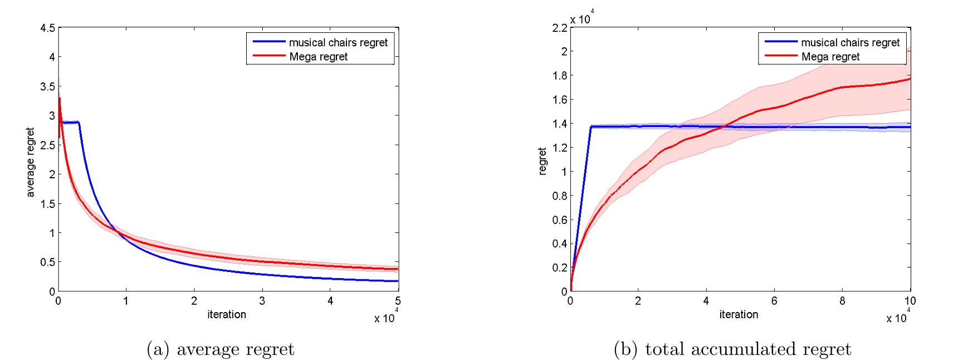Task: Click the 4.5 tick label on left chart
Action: point(47,28)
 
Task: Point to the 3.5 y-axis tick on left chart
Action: point(47,86)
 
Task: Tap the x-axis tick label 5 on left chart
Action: point(398,301)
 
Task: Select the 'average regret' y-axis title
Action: point(31,162)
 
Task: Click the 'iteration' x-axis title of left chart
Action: point(227,314)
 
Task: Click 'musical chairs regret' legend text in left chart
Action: point(338,42)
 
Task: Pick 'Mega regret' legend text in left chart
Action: point(318,56)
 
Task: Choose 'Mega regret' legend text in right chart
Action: point(830,56)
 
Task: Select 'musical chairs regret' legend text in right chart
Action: point(850,42)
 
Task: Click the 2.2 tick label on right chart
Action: point(559,28)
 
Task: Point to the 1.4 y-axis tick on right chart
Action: point(559,124)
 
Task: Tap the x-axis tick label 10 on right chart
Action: point(910,301)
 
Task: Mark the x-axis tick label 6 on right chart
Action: point(774,301)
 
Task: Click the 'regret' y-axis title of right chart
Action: point(543,162)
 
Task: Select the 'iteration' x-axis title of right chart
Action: point(739,314)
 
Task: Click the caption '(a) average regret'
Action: point(220,349)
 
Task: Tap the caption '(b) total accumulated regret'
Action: point(732,349)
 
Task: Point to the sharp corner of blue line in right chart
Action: point(590,127)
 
